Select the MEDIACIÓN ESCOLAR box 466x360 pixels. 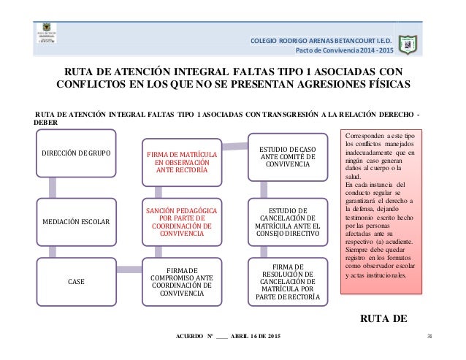(x=76, y=220)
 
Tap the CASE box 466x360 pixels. (x=76, y=280)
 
